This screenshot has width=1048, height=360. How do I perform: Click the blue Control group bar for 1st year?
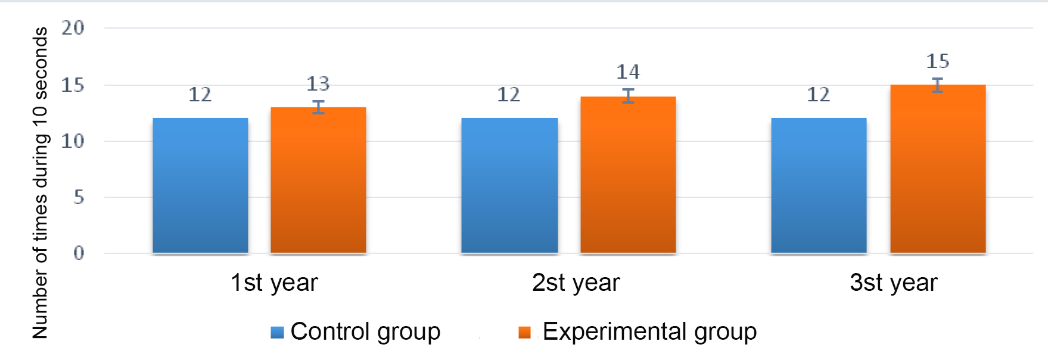pyautogui.click(x=200, y=185)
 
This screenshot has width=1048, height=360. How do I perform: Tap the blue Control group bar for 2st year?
pyautogui.click(x=509, y=185)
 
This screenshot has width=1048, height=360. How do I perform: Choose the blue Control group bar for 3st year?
pyautogui.click(x=819, y=185)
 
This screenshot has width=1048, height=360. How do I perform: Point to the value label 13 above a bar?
pyautogui.click(x=318, y=84)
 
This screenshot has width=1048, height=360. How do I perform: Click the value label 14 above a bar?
pyautogui.click(x=628, y=72)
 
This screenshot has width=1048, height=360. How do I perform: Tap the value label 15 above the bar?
pyautogui.click(x=938, y=61)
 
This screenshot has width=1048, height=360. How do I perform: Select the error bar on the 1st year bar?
pyautogui.click(x=319, y=107)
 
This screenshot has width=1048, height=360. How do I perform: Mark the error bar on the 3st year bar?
pyautogui.click(x=938, y=85)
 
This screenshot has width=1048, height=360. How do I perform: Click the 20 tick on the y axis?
pyautogui.click(x=73, y=28)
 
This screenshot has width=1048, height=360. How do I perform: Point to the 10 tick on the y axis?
pyautogui.click(x=73, y=141)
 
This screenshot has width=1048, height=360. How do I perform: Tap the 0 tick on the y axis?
pyautogui.click(x=79, y=253)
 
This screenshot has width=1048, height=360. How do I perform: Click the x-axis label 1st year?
pyautogui.click(x=274, y=283)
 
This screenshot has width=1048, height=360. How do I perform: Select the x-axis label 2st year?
pyautogui.click(x=576, y=283)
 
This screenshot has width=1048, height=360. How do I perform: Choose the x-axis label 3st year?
pyautogui.click(x=893, y=283)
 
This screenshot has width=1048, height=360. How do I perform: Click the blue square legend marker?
pyautogui.click(x=277, y=333)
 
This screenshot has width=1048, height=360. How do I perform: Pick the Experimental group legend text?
pyautogui.click(x=649, y=331)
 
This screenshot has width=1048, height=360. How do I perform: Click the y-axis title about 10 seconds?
pyautogui.click(x=40, y=182)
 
